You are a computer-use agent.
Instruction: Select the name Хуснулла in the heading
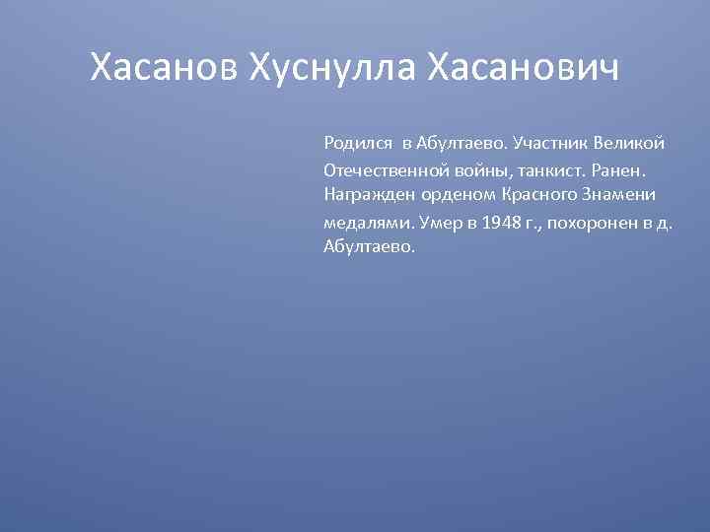coord(332,68)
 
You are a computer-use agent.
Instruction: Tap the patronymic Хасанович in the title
coord(524,68)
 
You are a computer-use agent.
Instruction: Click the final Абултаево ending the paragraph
coord(369,247)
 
